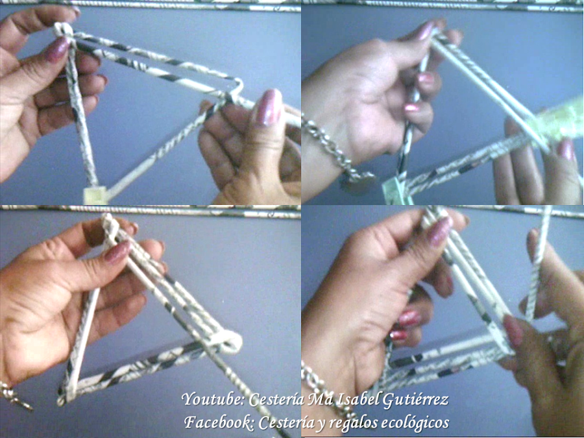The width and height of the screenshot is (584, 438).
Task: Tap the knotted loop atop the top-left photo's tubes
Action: pos(64,31)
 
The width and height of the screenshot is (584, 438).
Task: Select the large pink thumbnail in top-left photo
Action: pos(268,107)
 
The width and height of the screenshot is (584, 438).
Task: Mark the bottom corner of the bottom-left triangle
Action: pos(62,402)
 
